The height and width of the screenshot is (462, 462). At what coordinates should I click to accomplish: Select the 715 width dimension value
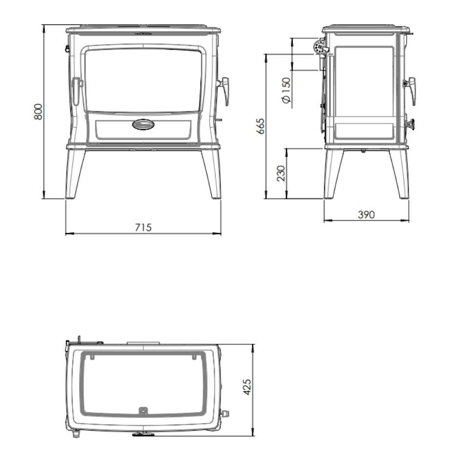[x=143, y=227]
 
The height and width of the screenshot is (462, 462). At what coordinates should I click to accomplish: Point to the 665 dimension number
[x=260, y=127]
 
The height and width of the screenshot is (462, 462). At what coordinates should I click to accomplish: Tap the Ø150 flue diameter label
[x=286, y=90]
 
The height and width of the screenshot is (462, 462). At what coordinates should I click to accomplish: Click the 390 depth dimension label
[x=366, y=214]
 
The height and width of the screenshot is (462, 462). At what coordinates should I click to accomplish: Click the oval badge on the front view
[x=143, y=125]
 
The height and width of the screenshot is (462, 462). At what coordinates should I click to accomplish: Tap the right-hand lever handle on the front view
[x=224, y=90]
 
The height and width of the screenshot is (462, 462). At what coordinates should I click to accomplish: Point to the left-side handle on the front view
[x=76, y=91]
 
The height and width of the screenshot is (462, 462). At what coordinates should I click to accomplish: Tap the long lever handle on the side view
[x=411, y=90]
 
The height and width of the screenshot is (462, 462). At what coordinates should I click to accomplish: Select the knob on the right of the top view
[x=225, y=413]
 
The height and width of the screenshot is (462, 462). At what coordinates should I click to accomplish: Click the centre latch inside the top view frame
[x=143, y=411]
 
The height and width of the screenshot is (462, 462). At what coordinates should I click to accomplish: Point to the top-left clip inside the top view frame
[x=90, y=357]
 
